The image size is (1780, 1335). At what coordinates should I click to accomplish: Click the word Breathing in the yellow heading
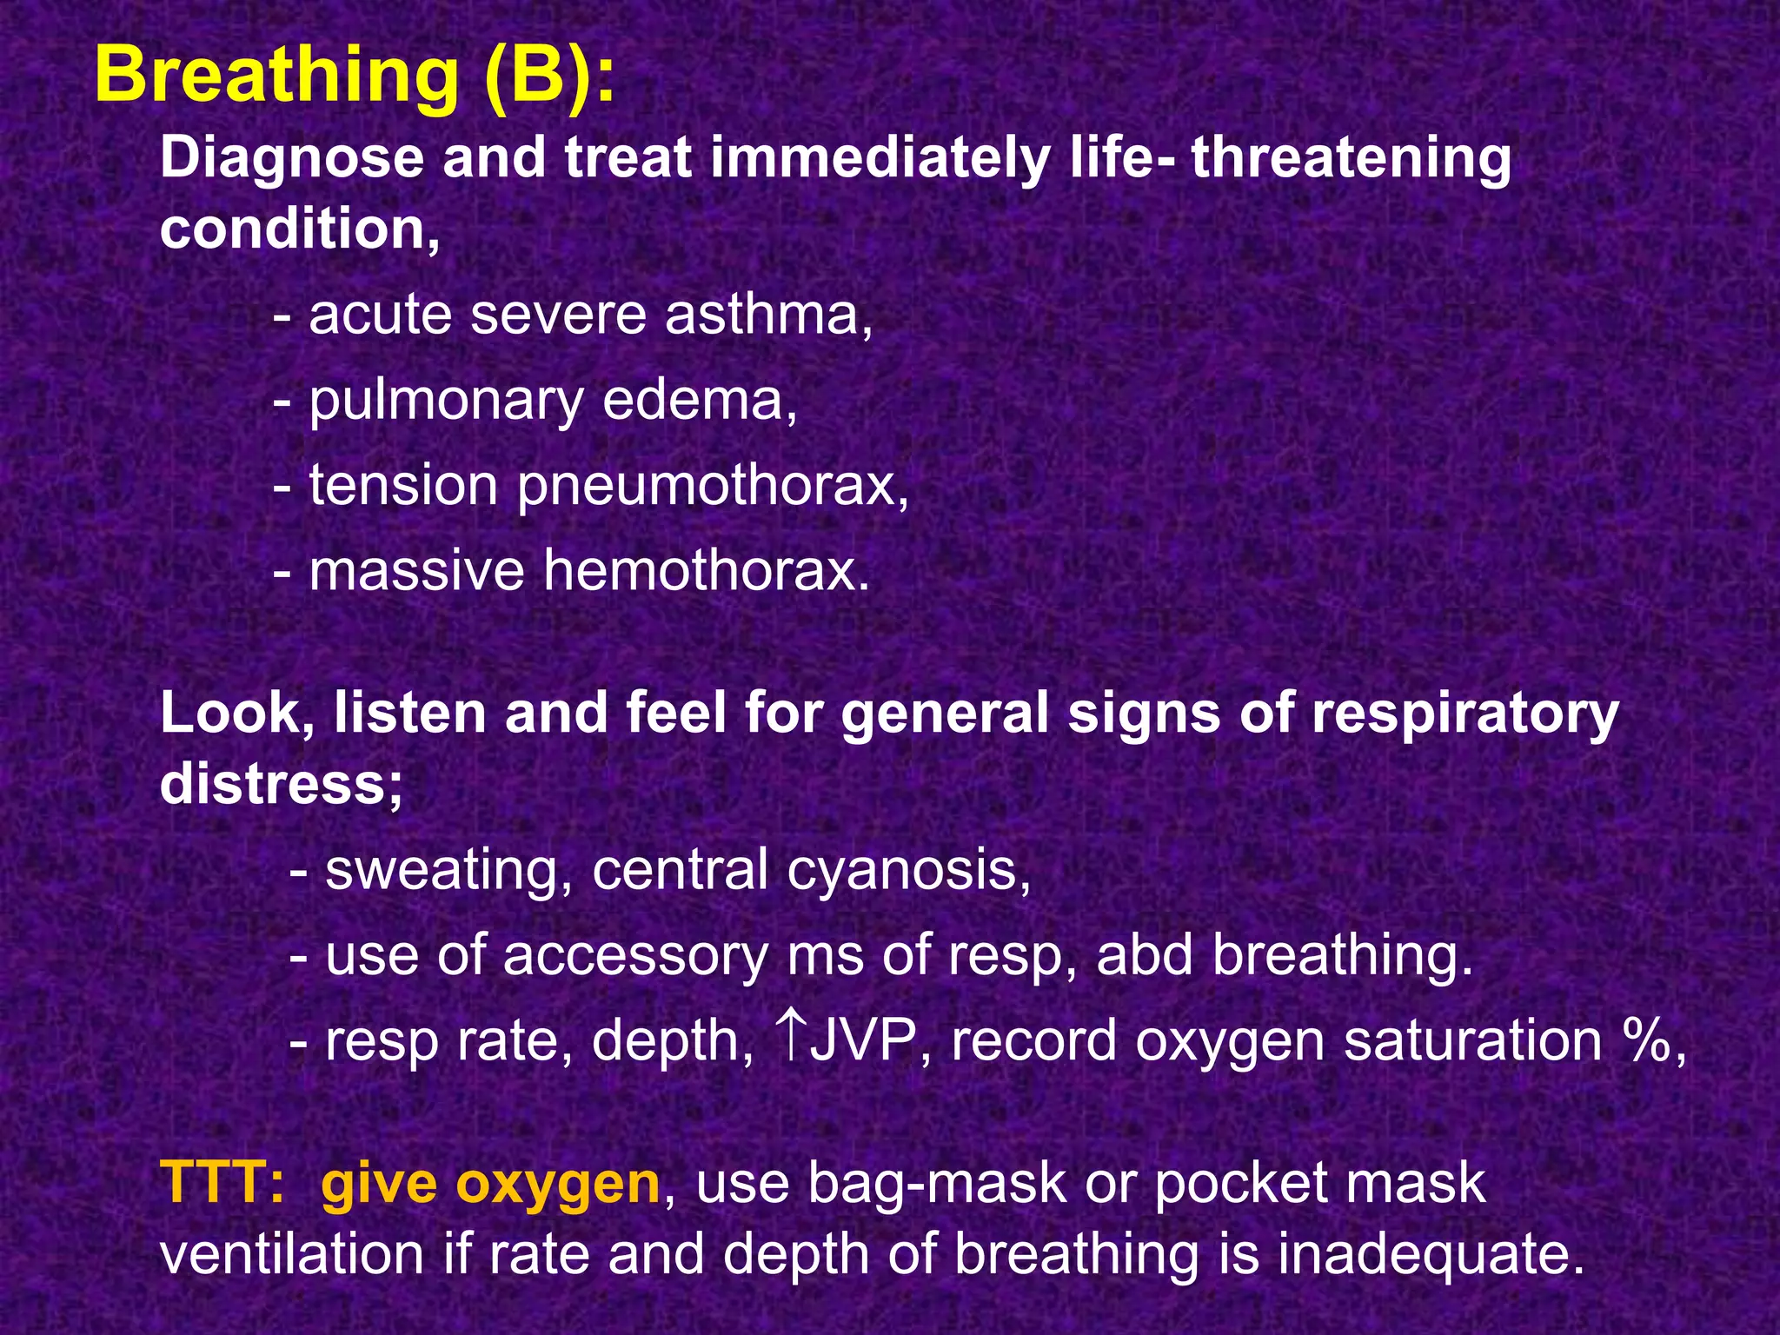pos(276,76)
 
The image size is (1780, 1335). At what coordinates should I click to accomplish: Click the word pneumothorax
pos(713,486)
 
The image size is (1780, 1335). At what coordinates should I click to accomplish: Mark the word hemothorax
pos(706,571)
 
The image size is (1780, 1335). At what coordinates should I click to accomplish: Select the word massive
pos(417,571)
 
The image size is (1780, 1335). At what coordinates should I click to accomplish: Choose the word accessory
pos(635,955)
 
